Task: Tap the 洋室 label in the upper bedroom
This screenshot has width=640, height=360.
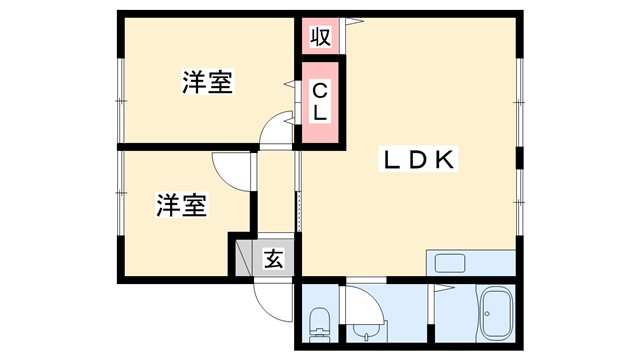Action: click(x=208, y=84)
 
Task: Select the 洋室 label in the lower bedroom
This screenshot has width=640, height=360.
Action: click(x=181, y=206)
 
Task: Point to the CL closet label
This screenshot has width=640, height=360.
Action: click(x=320, y=103)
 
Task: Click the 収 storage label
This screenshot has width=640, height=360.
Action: click(x=320, y=38)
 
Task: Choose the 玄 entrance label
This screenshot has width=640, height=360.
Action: click(x=272, y=259)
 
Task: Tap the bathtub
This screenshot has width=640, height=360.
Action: click(x=495, y=316)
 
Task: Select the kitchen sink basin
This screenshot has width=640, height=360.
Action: click(x=448, y=265)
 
